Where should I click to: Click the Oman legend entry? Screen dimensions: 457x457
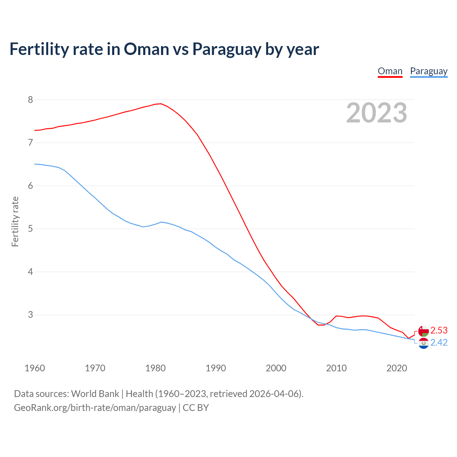(390, 71)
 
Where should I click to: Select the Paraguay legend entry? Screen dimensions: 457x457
(428, 71)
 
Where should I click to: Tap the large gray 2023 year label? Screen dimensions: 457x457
(377, 113)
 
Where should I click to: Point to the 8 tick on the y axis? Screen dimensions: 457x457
(30, 100)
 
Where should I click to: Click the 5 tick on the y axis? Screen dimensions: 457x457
(30, 228)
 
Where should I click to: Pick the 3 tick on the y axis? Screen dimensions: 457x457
(30, 315)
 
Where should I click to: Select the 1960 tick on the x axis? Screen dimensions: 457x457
(35, 368)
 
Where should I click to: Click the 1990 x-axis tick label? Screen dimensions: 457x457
(216, 368)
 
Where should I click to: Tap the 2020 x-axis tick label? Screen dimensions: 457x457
(397, 368)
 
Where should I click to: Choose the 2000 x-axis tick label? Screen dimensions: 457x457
(276, 368)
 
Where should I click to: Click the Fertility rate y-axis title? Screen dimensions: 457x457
(15, 221)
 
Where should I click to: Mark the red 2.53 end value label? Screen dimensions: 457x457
(439, 330)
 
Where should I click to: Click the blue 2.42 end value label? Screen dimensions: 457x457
(439, 343)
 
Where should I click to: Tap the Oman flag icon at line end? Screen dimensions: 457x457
(423, 331)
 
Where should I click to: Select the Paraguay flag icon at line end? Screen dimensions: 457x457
(423, 343)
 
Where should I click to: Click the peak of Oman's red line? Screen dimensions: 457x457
(161, 104)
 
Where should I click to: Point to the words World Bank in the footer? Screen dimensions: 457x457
(95, 394)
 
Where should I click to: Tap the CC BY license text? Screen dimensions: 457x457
(196, 408)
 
